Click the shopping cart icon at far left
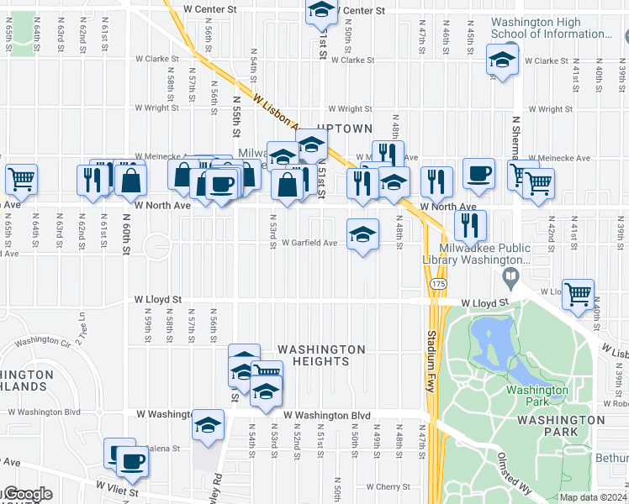coord(21,178)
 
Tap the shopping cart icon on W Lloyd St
coord(578,294)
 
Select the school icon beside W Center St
coord(320,10)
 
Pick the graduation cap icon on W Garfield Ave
coord(362,234)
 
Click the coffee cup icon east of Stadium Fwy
coord(478,173)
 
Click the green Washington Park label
coord(536,395)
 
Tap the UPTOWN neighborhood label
coord(345,129)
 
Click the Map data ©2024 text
coord(593,497)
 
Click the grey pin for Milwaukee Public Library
coord(510,276)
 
